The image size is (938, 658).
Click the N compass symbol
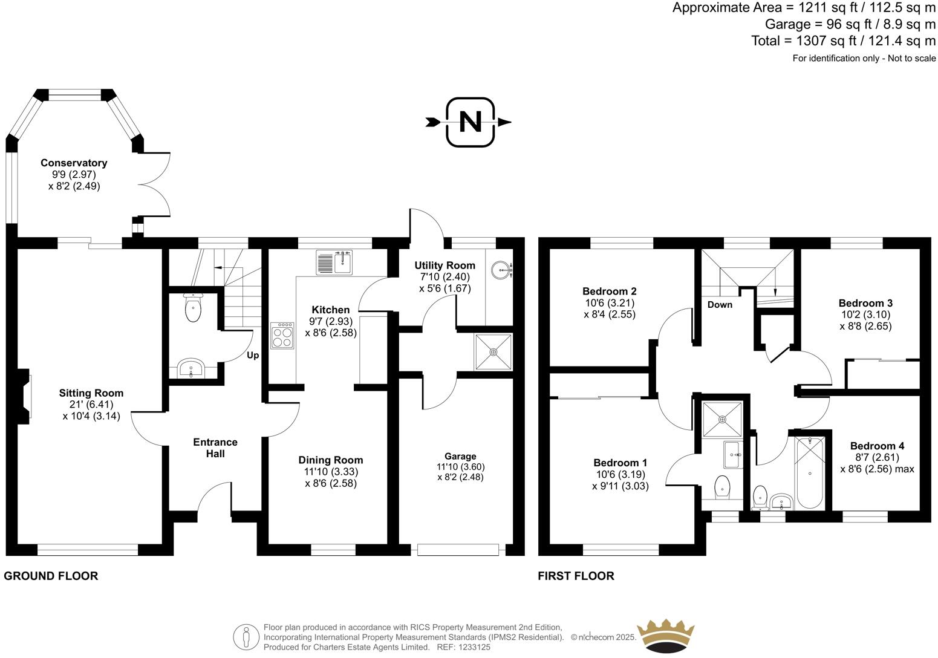pos(470,122)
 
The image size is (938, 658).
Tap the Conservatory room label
pos(74,163)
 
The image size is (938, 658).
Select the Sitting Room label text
pos(91,393)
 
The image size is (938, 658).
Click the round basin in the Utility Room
pos(501,270)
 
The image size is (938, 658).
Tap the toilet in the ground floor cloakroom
pos(192,310)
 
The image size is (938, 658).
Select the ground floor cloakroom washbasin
pos(191,368)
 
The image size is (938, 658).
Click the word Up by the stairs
pos(253,356)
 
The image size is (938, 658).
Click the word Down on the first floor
pos(720,305)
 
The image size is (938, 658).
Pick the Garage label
pos(460,457)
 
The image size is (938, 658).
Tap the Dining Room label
pos(331,460)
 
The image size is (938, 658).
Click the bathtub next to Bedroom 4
pos(810,472)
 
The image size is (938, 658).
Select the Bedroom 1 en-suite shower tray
pos(723,419)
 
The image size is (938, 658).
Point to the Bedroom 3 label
pos(865,303)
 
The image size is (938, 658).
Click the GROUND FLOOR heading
pos(51,576)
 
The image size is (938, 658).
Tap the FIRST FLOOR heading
pos(576,576)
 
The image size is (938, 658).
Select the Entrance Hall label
pos(215,448)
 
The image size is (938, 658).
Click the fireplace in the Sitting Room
pos(24,397)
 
